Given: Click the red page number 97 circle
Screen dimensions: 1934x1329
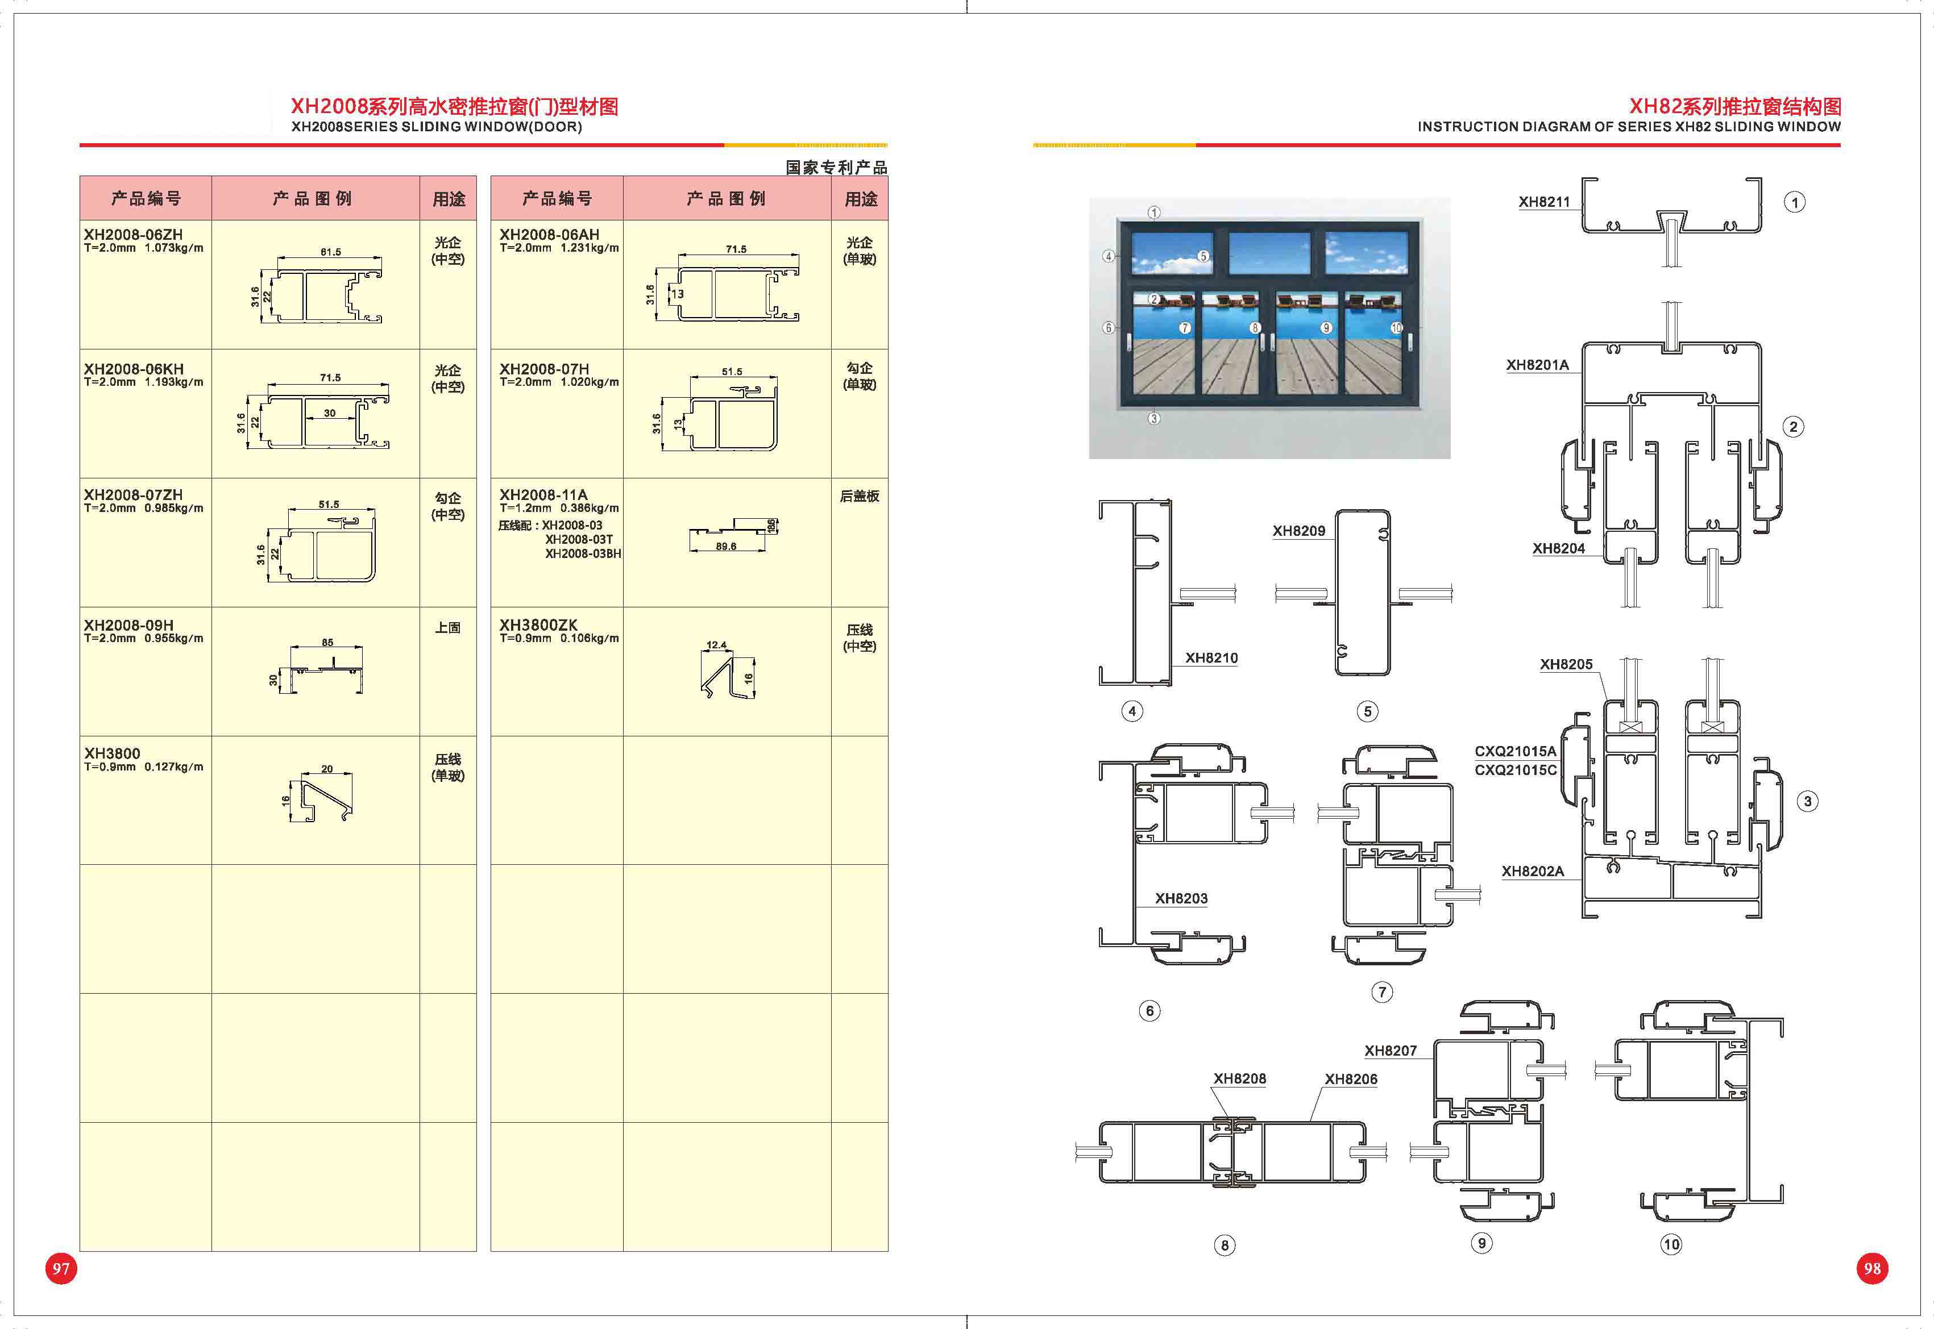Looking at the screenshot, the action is click(61, 1268).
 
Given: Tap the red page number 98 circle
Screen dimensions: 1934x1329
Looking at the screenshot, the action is click(1873, 1268).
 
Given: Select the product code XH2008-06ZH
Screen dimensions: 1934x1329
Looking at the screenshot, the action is click(133, 235).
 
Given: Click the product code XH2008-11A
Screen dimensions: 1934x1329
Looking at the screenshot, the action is click(543, 495).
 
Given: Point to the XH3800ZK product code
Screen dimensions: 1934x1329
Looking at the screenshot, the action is click(538, 624).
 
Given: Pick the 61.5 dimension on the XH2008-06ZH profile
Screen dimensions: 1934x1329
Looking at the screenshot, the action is click(331, 252).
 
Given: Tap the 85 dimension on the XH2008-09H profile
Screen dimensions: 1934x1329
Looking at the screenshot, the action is click(327, 642).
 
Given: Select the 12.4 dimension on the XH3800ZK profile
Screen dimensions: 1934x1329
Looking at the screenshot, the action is click(716, 644).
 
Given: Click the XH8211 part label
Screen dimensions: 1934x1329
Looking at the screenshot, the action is click(1544, 202).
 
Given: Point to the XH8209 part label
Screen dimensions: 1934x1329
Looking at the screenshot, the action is click(1298, 531).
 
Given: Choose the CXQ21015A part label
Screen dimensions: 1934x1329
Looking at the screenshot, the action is click(1515, 751).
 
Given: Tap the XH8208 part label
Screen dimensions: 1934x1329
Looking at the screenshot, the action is click(1239, 1078).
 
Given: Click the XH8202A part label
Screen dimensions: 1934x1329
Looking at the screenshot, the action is click(1533, 871).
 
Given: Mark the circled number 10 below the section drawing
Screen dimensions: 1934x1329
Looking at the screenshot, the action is click(1671, 1244).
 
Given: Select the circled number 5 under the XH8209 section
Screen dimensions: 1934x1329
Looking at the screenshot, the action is click(1367, 711).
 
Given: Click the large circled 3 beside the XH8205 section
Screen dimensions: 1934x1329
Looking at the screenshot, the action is click(1807, 801).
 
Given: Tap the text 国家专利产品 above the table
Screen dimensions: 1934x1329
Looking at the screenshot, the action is click(836, 168).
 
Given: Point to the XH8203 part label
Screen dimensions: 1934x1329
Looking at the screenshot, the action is click(1181, 898).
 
